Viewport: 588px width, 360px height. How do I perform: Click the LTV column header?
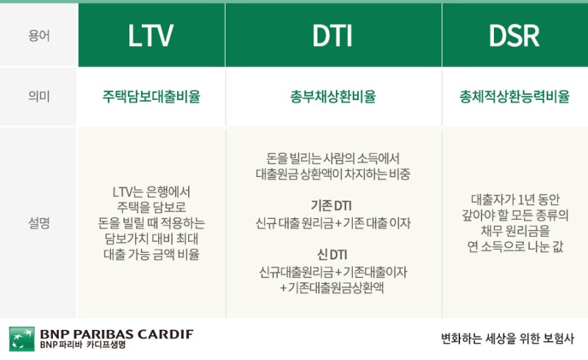(151, 36)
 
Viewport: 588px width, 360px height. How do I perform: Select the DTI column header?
(332, 36)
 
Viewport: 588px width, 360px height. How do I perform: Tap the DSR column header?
(514, 36)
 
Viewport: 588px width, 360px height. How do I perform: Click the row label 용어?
(39, 36)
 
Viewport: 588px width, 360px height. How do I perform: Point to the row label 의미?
(39, 96)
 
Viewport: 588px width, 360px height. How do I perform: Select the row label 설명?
(39, 223)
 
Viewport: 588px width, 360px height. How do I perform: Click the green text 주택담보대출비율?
(151, 96)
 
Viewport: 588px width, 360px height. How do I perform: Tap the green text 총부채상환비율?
(333, 96)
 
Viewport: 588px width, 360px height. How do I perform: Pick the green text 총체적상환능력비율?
(514, 96)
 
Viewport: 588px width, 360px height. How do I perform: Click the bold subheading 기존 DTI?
(331, 206)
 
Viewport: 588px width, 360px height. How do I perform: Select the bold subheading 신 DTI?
(332, 255)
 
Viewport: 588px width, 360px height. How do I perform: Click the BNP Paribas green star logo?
(22, 339)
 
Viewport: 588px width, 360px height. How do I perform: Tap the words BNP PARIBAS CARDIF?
(117, 334)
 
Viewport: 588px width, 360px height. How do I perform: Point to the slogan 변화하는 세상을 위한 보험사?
(507, 339)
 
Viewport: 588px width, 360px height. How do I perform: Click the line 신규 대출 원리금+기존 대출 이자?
(333, 223)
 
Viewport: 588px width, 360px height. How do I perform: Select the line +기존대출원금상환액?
(332, 287)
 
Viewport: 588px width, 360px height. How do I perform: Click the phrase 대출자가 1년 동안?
(515, 200)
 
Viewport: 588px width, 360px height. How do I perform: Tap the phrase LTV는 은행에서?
(151, 192)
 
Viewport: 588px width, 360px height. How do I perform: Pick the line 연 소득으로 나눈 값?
(515, 247)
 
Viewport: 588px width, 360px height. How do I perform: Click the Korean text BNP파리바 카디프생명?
(83, 345)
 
